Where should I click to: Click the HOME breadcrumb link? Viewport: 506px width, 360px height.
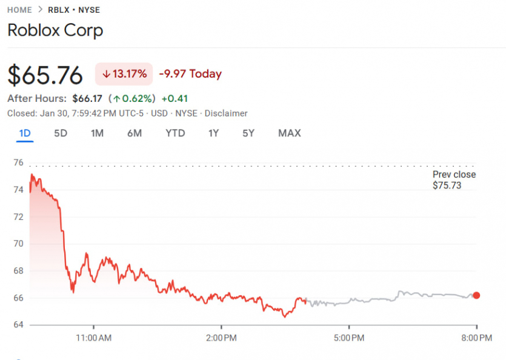coord(20,10)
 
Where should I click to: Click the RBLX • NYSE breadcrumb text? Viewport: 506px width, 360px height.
coord(74,10)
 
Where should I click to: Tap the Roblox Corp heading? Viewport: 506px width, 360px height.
coord(55,30)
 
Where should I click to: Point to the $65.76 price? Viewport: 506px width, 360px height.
coord(45,75)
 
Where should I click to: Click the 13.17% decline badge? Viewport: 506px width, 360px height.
coord(124,74)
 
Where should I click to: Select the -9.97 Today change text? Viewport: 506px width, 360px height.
coord(190,74)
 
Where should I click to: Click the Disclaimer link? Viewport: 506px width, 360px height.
coord(226,113)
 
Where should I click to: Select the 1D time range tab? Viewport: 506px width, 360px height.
coord(25,133)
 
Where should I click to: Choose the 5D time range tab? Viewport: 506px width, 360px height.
coord(61,133)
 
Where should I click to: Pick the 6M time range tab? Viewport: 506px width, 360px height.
coord(135,133)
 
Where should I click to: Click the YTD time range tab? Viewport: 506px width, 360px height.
coord(175,133)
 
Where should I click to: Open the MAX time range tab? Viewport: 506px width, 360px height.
coord(289,133)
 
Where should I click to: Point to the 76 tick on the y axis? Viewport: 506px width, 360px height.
coord(18,162)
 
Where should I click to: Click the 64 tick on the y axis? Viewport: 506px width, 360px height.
coord(18,325)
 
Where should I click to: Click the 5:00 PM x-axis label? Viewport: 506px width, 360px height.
coord(349,337)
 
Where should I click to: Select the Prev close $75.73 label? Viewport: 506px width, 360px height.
coord(454,180)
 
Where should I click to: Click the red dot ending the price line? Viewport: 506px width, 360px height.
coord(476,295)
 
